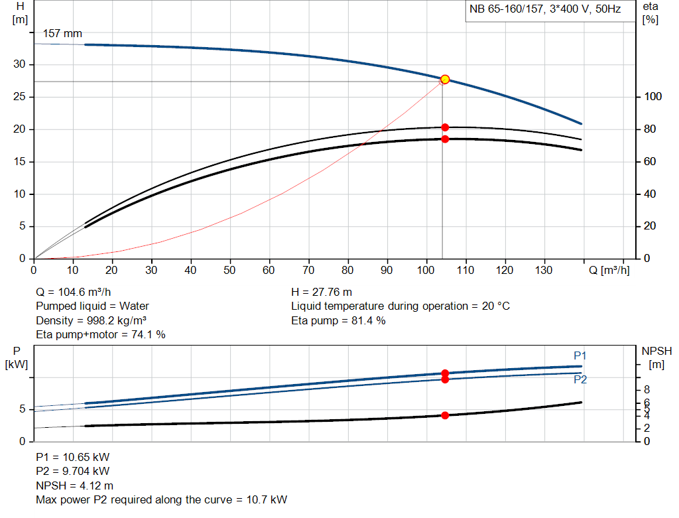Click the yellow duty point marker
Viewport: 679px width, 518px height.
(445, 80)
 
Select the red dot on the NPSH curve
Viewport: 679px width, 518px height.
(445, 415)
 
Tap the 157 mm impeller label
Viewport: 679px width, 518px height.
(62, 33)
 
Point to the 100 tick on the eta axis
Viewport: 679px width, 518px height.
(653, 97)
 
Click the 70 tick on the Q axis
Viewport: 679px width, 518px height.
(309, 270)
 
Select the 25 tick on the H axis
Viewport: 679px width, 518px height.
(20, 97)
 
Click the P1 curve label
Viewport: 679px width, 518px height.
(580, 356)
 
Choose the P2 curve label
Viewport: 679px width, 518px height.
(580, 379)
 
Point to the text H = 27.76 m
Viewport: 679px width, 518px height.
(322, 292)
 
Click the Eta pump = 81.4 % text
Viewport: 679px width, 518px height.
(338, 320)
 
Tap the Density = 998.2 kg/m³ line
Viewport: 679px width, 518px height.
(91, 320)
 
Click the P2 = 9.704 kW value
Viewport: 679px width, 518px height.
(72, 472)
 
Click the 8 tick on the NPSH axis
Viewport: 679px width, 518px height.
(647, 389)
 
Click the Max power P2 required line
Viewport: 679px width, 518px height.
(161, 499)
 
